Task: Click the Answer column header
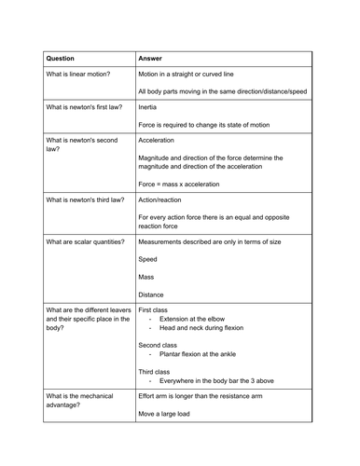coord(150,57)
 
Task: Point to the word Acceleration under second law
coord(162,140)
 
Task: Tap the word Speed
coord(148,259)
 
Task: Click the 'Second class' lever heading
coord(159,345)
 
